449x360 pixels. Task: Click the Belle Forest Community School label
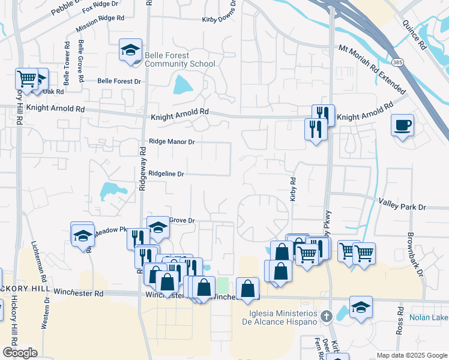pyautogui.click(x=179, y=59)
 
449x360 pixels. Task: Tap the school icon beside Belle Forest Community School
pyautogui.click(x=130, y=50)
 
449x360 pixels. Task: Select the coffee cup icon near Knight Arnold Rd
pyautogui.click(x=402, y=125)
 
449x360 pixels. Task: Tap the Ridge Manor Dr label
pyautogui.click(x=172, y=142)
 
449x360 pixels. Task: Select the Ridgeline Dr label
pyautogui.click(x=166, y=173)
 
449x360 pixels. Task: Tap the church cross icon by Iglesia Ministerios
pyautogui.click(x=326, y=316)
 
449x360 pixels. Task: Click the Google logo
pyautogui.click(x=20, y=353)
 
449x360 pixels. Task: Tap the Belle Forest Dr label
pyautogui.click(x=119, y=81)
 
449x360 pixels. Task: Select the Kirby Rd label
pyautogui.click(x=294, y=188)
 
